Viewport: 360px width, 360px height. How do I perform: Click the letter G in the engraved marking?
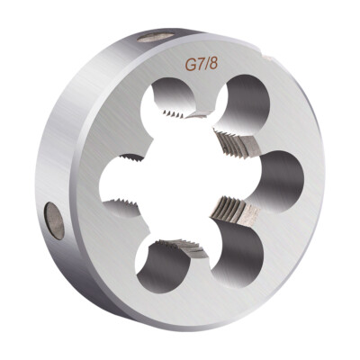pyautogui.click(x=190, y=66)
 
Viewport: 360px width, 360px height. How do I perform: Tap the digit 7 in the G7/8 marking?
pyautogui.click(x=200, y=65)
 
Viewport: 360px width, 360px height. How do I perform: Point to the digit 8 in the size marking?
pyautogui.click(x=212, y=64)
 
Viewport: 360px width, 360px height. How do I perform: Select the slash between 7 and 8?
pyautogui.click(x=206, y=64)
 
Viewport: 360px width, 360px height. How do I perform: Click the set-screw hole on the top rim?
pyautogui.click(x=157, y=37)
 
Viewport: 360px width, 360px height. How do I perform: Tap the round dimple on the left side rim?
pyautogui.click(x=54, y=221)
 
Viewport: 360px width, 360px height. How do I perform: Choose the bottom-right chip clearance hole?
pyautogui.click(x=238, y=251)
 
